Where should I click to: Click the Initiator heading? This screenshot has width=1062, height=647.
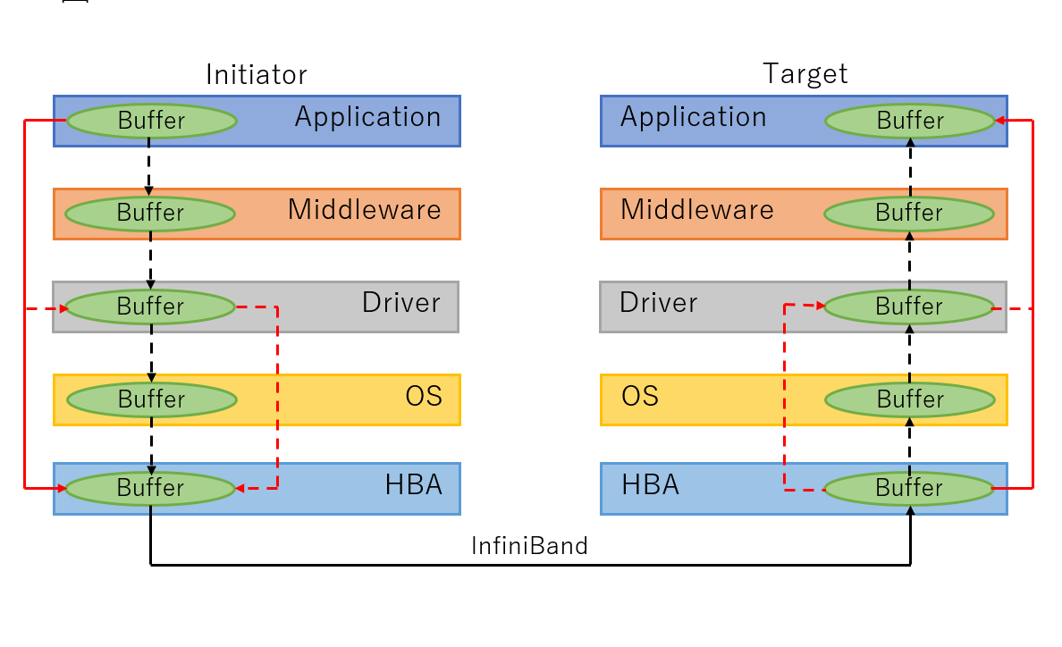pyautogui.click(x=256, y=74)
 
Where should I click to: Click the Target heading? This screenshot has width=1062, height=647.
pyautogui.click(x=805, y=74)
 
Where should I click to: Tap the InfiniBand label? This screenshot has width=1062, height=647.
pyautogui.click(x=529, y=545)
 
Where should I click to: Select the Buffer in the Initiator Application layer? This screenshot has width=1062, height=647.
pyautogui.click(x=151, y=121)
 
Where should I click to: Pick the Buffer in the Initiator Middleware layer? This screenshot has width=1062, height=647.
pyautogui.click(x=150, y=214)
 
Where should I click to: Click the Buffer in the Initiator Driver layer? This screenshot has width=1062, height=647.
pyautogui.click(x=150, y=307)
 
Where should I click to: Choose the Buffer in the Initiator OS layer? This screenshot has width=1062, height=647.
pyautogui.click(x=151, y=399)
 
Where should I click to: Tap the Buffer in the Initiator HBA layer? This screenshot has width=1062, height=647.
pyautogui.click(x=150, y=488)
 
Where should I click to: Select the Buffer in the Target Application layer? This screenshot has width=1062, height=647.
pyautogui.click(x=909, y=121)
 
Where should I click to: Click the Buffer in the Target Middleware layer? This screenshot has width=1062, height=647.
pyautogui.click(x=908, y=214)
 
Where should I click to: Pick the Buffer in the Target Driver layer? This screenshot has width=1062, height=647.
pyautogui.click(x=908, y=307)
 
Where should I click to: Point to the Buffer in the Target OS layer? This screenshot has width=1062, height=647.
pyautogui.click(x=909, y=399)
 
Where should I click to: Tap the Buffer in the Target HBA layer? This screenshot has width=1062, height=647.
pyautogui.click(x=908, y=488)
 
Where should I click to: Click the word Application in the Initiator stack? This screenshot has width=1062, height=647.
pyautogui.click(x=367, y=117)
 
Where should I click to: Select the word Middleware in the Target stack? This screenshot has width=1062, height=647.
pyautogui.click(x=696, y=210)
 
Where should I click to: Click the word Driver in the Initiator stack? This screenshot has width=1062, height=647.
pyautogui.click(x=400, y=303)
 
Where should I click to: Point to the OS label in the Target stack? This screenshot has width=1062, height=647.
pyautogui.click(x=640, y=396)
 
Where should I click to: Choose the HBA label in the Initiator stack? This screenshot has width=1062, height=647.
pyautogui.click(x=413, y=485)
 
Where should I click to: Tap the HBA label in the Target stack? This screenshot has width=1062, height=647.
pyautogui.click(x=650, y=485)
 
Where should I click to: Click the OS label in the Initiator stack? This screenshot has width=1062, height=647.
pyautogui.click(x=424, y=396)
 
